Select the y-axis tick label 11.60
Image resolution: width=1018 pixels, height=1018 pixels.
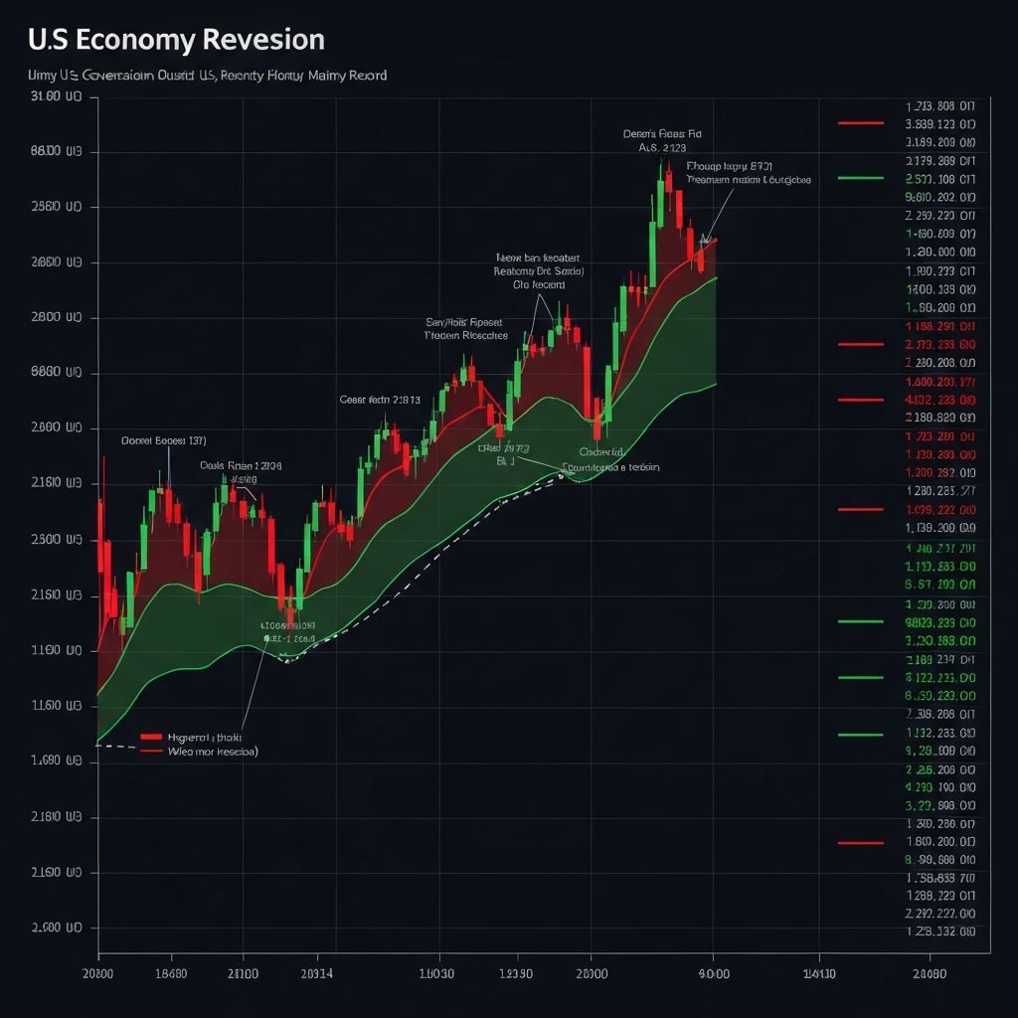point(58,706)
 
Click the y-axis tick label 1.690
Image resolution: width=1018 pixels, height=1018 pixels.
point(58,762)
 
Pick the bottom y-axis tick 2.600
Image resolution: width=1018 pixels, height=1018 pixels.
point(58,928)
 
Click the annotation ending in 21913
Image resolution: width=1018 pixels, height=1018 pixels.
point(380,400)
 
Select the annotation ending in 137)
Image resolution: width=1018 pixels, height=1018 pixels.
point(163,439)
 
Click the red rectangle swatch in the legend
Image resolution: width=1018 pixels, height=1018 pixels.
point(151,738)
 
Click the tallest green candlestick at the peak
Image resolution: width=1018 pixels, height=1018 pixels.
point(660,199)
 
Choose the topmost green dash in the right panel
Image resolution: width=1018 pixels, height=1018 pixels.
point(861,178)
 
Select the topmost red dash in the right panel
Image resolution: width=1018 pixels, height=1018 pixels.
point(861,123)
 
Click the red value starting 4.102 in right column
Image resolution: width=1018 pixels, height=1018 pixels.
point(940,400)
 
